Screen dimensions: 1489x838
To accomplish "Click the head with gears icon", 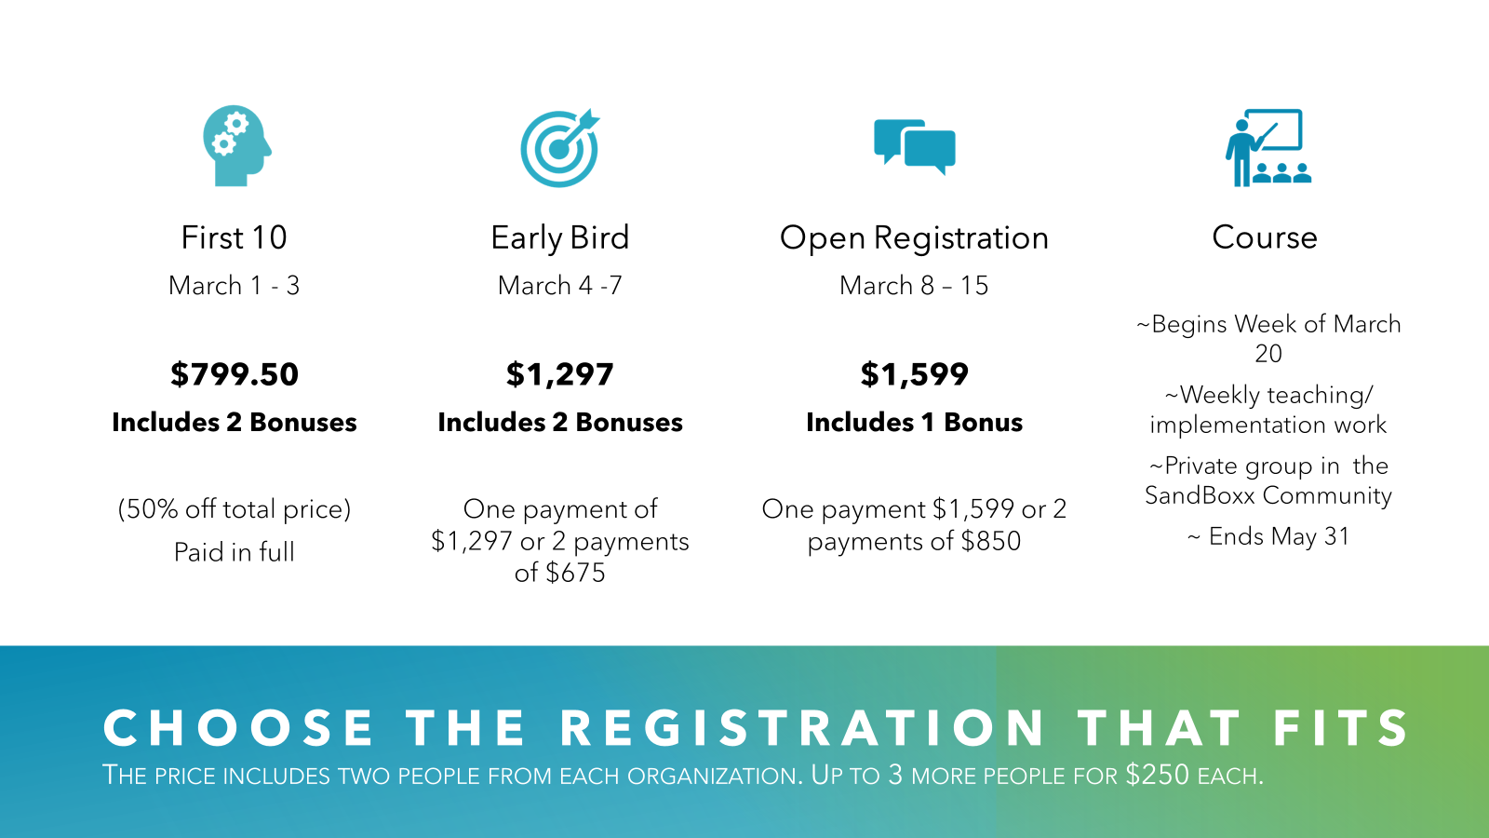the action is [236, 145].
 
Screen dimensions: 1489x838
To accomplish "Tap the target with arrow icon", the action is [559, 148].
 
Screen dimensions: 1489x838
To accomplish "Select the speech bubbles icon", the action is [915, 147].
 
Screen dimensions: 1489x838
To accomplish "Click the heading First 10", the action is [234, 237].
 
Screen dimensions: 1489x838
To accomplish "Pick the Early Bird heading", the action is [559, 238].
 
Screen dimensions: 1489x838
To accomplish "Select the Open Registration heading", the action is [914, 238].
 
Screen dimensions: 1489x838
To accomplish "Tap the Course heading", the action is [1265, 237].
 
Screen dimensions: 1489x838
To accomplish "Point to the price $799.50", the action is [234, 373].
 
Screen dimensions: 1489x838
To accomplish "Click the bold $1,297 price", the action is [559, 374].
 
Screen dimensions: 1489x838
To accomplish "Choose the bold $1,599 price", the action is [914, 373].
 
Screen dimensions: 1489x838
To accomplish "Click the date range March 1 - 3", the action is [234, 285].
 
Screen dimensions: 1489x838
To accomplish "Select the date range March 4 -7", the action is [559, 285].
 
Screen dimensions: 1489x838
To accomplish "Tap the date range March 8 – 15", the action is [914, 285].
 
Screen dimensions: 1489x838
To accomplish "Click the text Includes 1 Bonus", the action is [914, 423].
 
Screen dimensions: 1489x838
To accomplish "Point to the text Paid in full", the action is [234, 552].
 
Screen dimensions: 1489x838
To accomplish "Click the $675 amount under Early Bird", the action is [576, 573].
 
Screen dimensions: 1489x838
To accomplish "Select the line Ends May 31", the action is [1268, 536].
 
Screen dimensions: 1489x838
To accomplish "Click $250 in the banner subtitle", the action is [1158, 775].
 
